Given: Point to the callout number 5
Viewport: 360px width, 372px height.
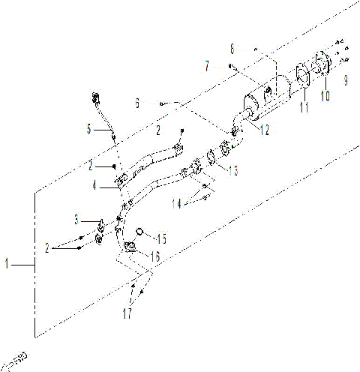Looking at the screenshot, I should (x=90, y=130).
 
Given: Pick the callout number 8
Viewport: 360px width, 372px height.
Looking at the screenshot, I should (x=232, y=48).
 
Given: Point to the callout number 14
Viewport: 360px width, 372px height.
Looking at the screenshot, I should (x=176, y=203).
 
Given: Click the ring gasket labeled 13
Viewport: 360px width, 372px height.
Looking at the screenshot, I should (x=212, y=157).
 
